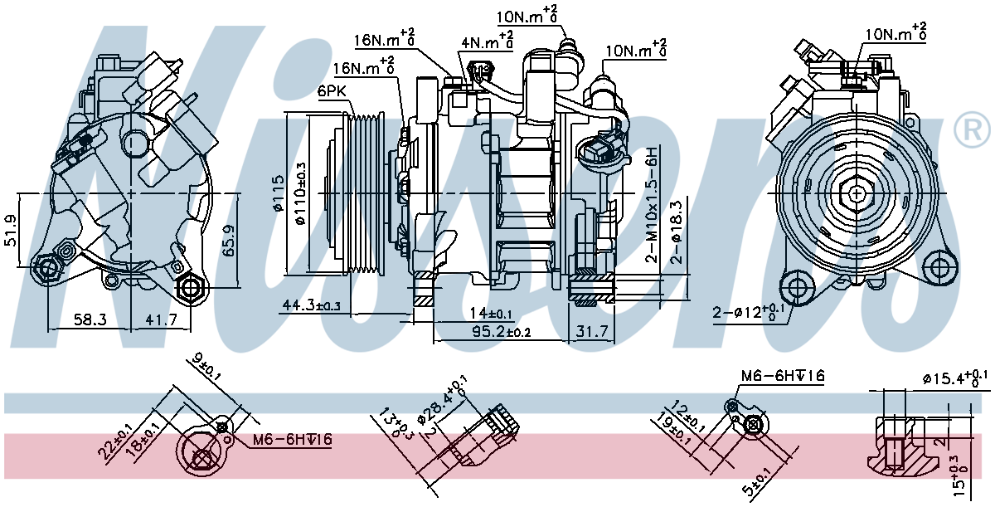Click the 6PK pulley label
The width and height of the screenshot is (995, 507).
[332, 91]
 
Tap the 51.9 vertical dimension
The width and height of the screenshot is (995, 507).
[10, 230]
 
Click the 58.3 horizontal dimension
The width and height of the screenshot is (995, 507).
[90, 319]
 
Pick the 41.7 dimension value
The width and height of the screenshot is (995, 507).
[161, 319]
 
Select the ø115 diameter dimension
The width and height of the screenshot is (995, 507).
[278, 193]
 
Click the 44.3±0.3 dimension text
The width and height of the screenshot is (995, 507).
[312, 305]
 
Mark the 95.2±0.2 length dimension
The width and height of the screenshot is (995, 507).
[501, 331]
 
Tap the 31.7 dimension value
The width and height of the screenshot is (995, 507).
[592, 331]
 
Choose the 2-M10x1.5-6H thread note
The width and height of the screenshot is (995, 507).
[651, 205]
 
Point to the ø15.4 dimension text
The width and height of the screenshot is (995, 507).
[955, 378]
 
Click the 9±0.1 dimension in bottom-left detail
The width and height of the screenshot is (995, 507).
[206, 367]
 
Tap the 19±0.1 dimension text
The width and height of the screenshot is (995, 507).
[673, 432]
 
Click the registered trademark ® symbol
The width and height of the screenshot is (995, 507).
[973, 129]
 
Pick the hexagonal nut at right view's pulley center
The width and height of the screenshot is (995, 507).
[856, 193]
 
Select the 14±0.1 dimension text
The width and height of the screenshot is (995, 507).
[490, 314]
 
